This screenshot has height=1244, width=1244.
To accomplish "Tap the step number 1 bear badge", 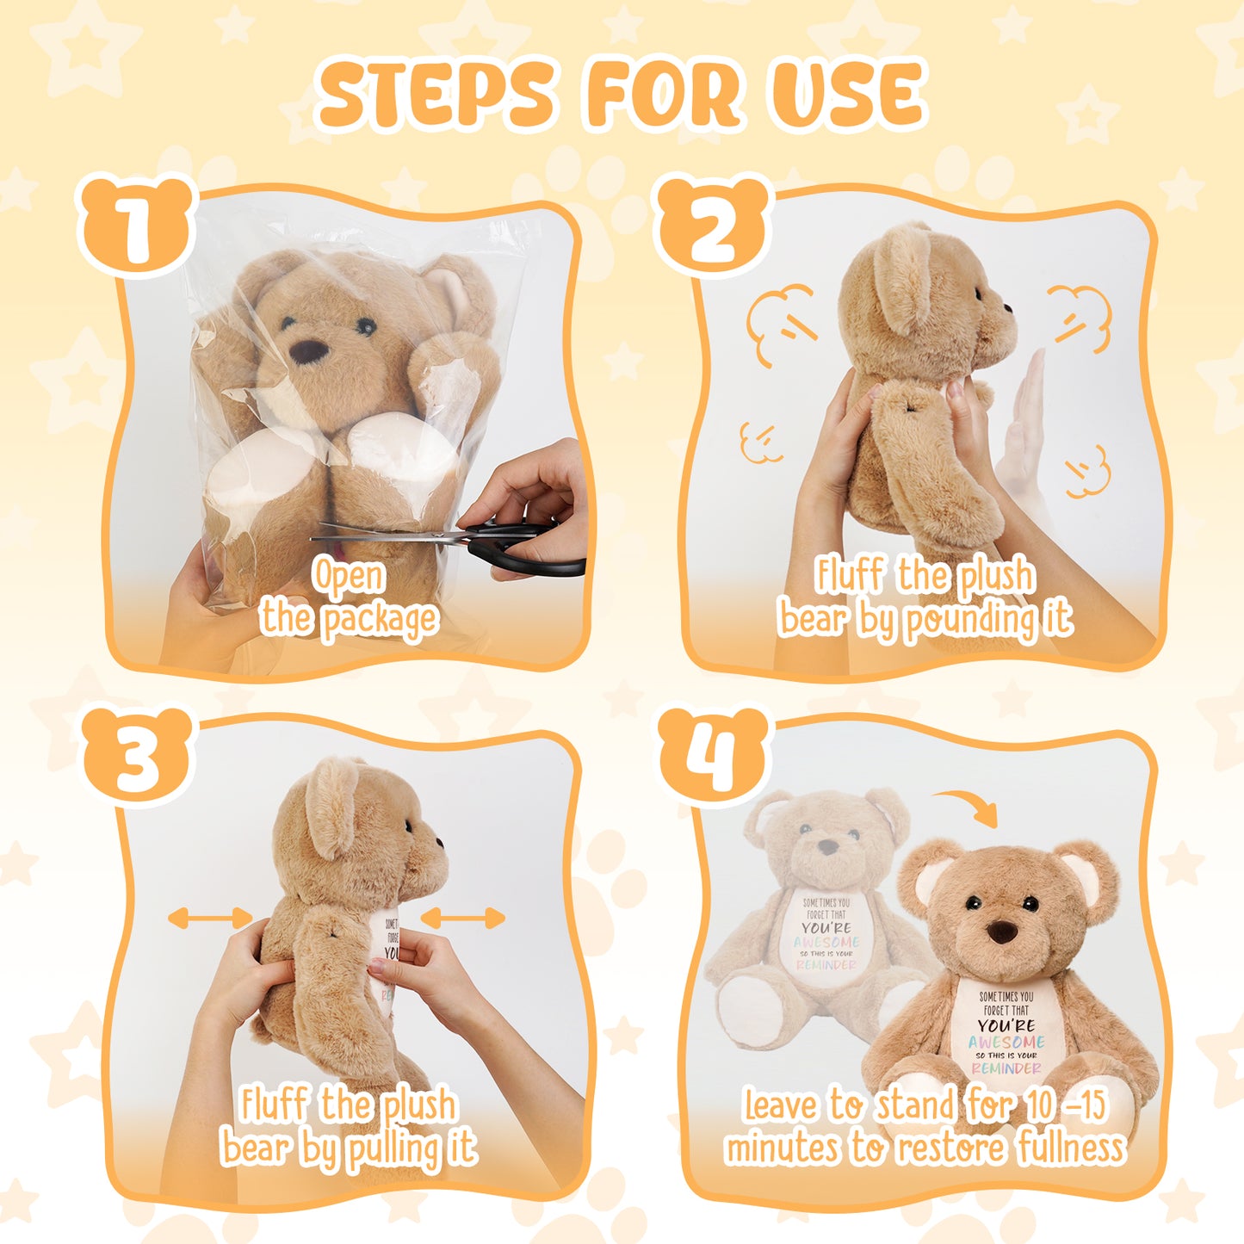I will (136, 226).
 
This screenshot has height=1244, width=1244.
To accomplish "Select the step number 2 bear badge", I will (711, 226).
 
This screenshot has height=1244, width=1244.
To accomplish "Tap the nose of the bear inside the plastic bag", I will (307, 351).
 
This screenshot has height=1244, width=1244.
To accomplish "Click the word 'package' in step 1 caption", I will (379, 620).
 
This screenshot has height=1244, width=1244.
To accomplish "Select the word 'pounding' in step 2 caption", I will (972, 620).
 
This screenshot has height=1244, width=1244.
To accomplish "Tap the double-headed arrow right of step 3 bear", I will (462, 918).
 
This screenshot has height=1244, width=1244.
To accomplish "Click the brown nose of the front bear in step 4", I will (1000, 931).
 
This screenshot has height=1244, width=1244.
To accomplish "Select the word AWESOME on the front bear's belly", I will (1006, 1042).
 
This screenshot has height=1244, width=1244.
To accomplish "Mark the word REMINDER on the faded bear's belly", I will (826, 965).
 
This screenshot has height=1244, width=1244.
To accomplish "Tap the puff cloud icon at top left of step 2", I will (780, 324).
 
